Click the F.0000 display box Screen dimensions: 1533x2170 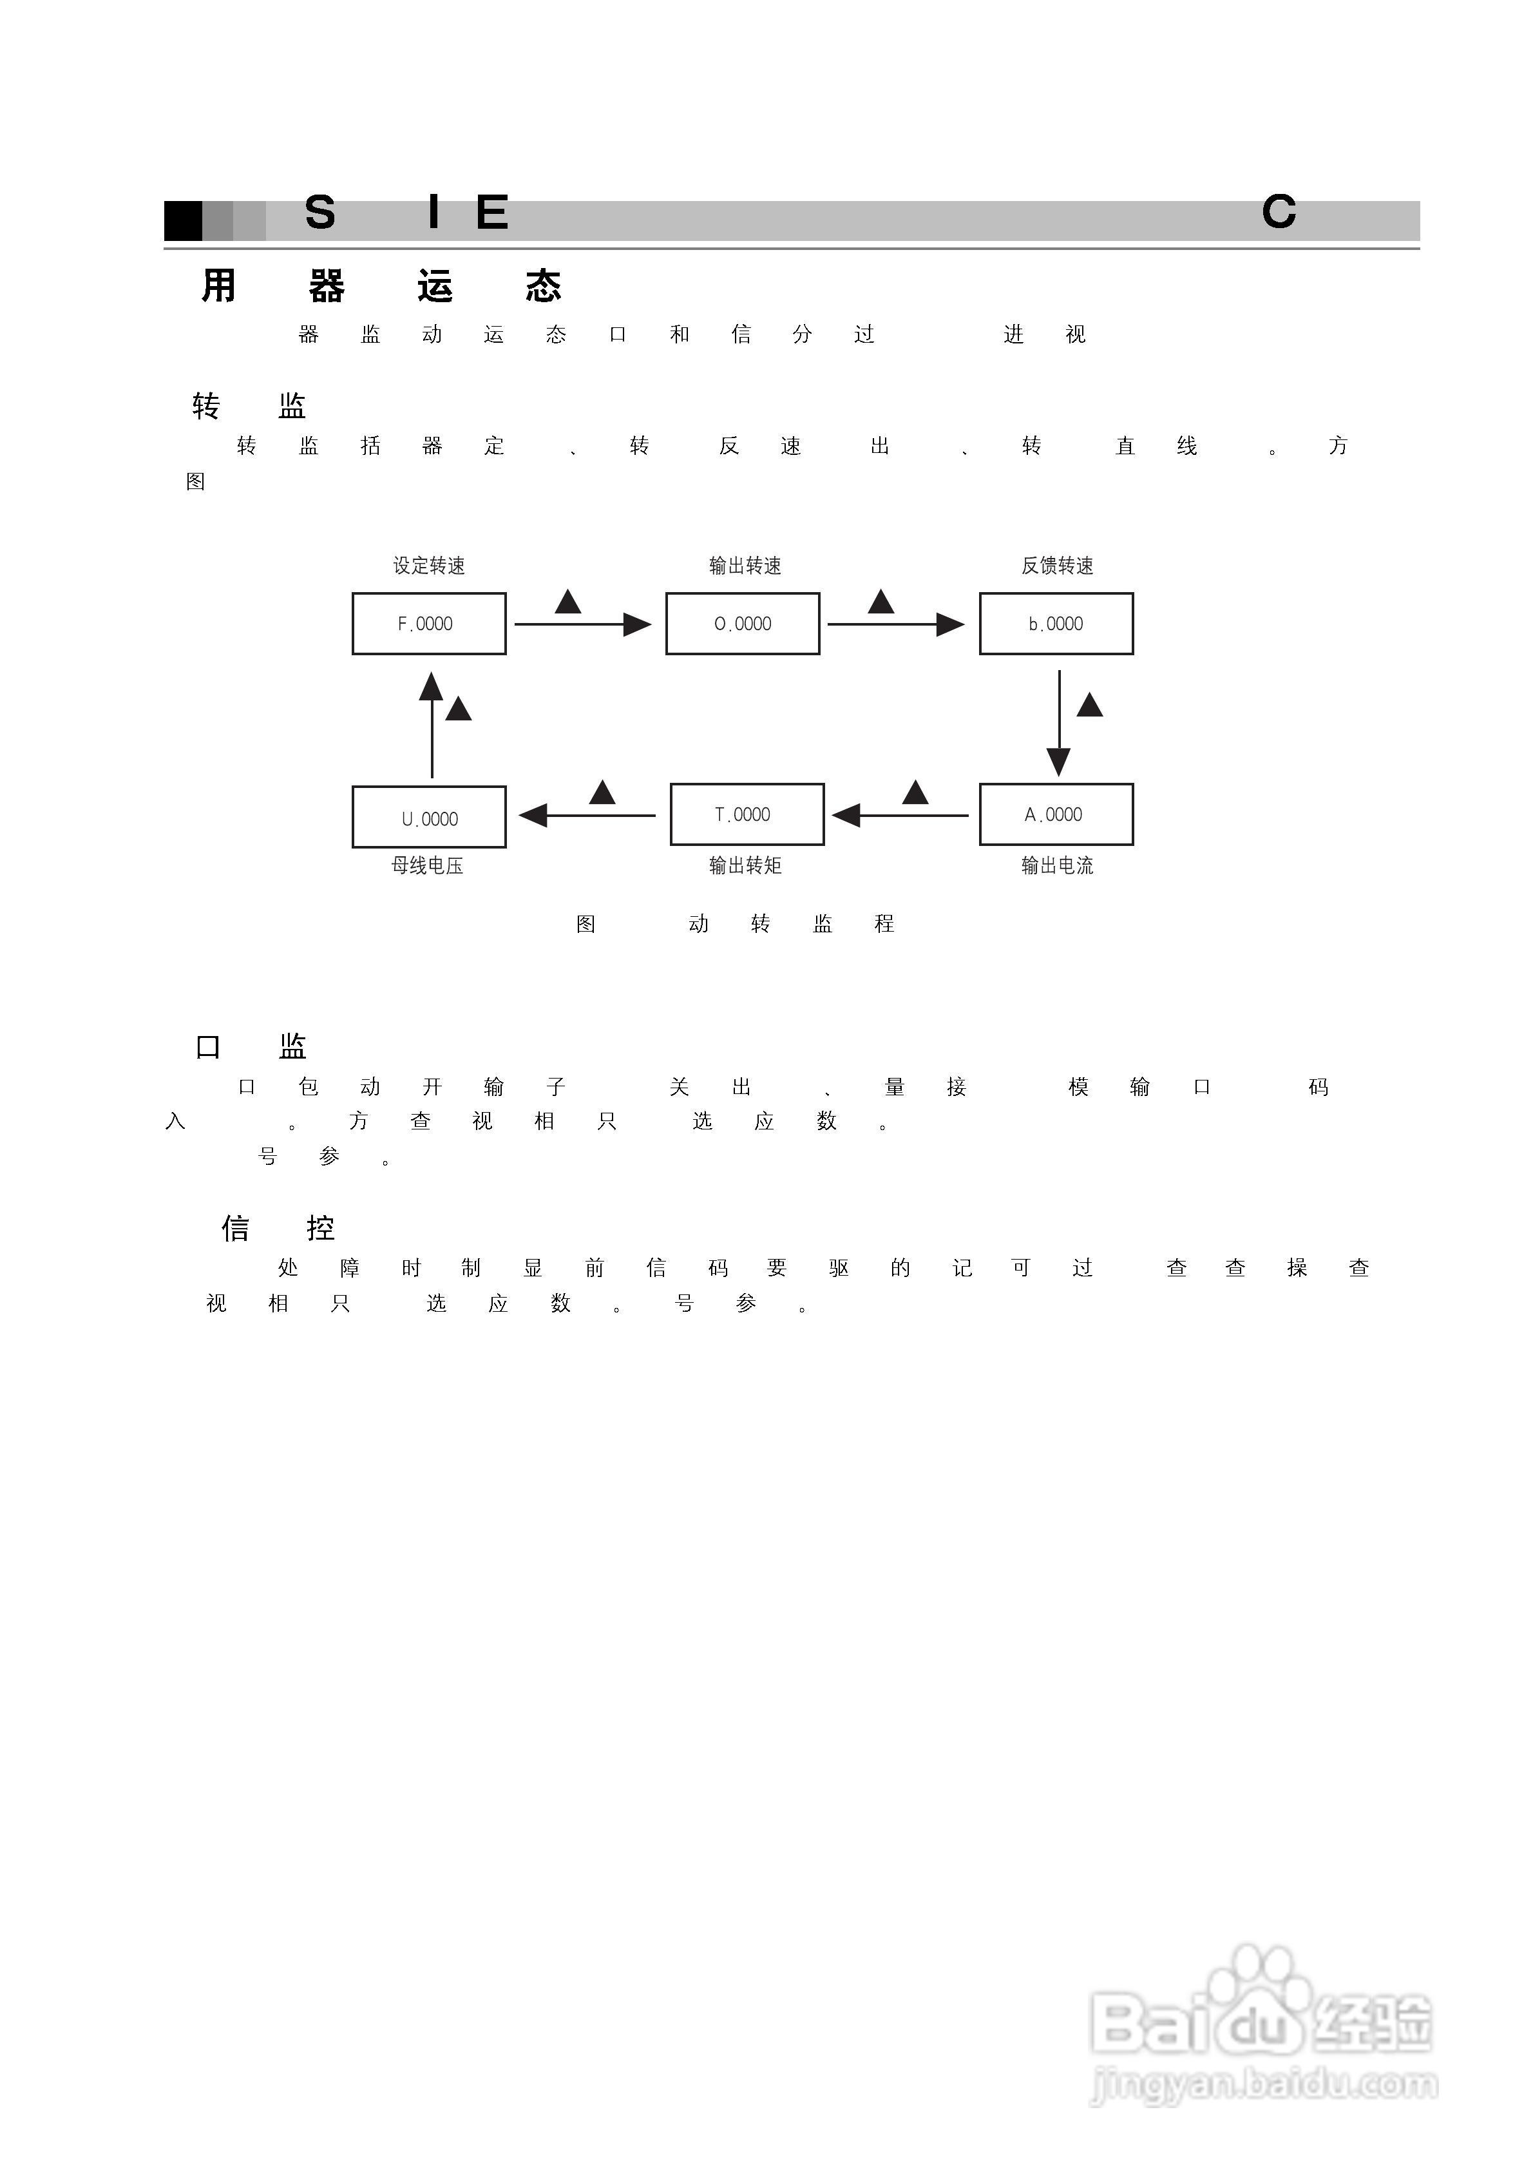tap(428, 624)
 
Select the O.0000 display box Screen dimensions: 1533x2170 tap(742, 624)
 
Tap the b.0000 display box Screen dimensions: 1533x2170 tap(1056, 624)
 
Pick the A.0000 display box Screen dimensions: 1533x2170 tap(1056, 814)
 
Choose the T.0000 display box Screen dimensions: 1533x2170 tap(747, 814)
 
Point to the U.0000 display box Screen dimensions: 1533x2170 tap(428, 818)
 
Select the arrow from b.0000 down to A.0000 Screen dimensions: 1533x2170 tap(1058, 723)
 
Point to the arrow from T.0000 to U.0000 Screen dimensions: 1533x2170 tap(587, 814)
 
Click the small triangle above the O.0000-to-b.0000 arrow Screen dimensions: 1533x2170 tap(881, 602)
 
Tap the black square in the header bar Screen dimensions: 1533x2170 tap(184, 221)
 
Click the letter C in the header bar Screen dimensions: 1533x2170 tap(1279, 213)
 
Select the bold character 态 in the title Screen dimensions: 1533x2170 tap(544, 286)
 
